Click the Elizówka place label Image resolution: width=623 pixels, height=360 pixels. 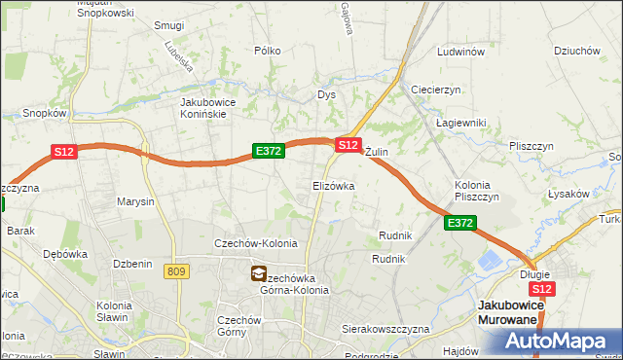(333, 185)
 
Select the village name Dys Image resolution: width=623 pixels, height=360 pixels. (326, 95)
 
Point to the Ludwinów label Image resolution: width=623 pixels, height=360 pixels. (460, 52)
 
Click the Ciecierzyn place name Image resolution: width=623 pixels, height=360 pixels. (435, 90)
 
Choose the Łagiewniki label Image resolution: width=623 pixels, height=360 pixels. (459, 123)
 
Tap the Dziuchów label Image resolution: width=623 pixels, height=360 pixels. (575, 52)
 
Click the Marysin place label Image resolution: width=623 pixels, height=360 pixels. (135, 202)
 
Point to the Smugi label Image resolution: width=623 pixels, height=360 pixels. (169, 25)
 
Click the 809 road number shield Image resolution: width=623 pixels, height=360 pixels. (176, 272)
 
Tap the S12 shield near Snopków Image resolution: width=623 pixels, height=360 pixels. (63, 152)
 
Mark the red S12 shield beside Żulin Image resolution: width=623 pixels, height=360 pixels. (348, 144)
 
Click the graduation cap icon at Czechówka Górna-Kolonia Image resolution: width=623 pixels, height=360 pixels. (259, 274)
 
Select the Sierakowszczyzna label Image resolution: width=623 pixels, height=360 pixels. (385, 330)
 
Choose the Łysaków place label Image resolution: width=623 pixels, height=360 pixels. (568, 194)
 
